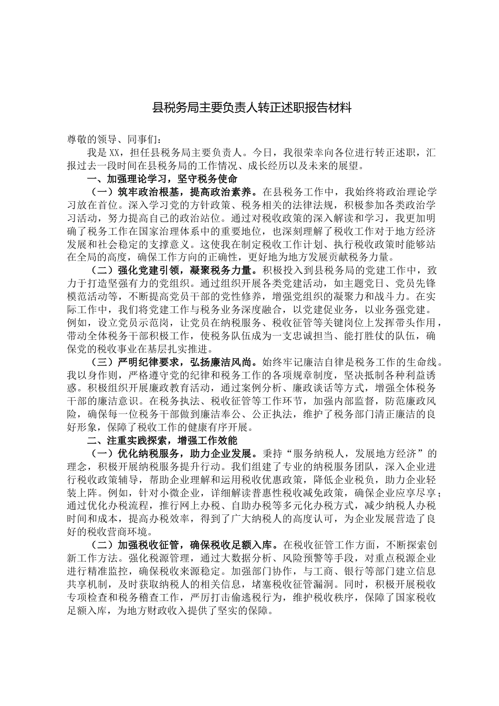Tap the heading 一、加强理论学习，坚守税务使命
(162, 179)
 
